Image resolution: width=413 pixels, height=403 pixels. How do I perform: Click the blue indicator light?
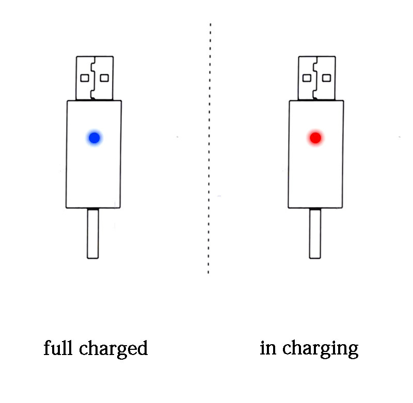click(x=94, y=138)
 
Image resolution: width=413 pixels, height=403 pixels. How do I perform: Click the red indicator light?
click(x=315, y=138)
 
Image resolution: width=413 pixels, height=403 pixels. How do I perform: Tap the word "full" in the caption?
click(x=58, y=348)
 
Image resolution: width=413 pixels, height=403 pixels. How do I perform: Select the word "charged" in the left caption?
click(x=113, y=349)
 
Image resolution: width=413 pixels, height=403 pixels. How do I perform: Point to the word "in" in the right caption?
click(x=268, y=348)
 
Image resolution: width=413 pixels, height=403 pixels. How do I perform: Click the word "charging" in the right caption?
click(x=320, y=349)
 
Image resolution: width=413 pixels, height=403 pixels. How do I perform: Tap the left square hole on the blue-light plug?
click(x=85, y=78)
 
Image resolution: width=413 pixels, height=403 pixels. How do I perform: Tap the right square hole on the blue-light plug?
click(x=104, y=78)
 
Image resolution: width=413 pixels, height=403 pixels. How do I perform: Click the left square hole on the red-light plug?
click(x=307, y=78)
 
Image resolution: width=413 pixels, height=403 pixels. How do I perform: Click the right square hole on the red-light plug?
click(x=327, y=78)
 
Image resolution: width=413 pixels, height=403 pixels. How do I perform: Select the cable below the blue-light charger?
click(x=93, y=233)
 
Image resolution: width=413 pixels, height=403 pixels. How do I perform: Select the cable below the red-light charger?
click(x=315, y=233)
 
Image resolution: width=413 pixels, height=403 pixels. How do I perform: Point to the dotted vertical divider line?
click(x=210, y=149)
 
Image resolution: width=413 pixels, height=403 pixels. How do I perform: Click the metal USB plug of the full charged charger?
click(x=94, y=78)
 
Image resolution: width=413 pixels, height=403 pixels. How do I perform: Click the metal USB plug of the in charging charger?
click(x=317, y=78)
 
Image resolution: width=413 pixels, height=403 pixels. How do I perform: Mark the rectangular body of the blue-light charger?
click(x=93, y=154)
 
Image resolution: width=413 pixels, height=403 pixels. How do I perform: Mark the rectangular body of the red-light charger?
click(x=316, y=154)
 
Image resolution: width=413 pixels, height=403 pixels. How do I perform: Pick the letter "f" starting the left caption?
click(x=47, y=348)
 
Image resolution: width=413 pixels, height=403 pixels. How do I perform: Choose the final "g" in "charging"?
click(x=353, y=351)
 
